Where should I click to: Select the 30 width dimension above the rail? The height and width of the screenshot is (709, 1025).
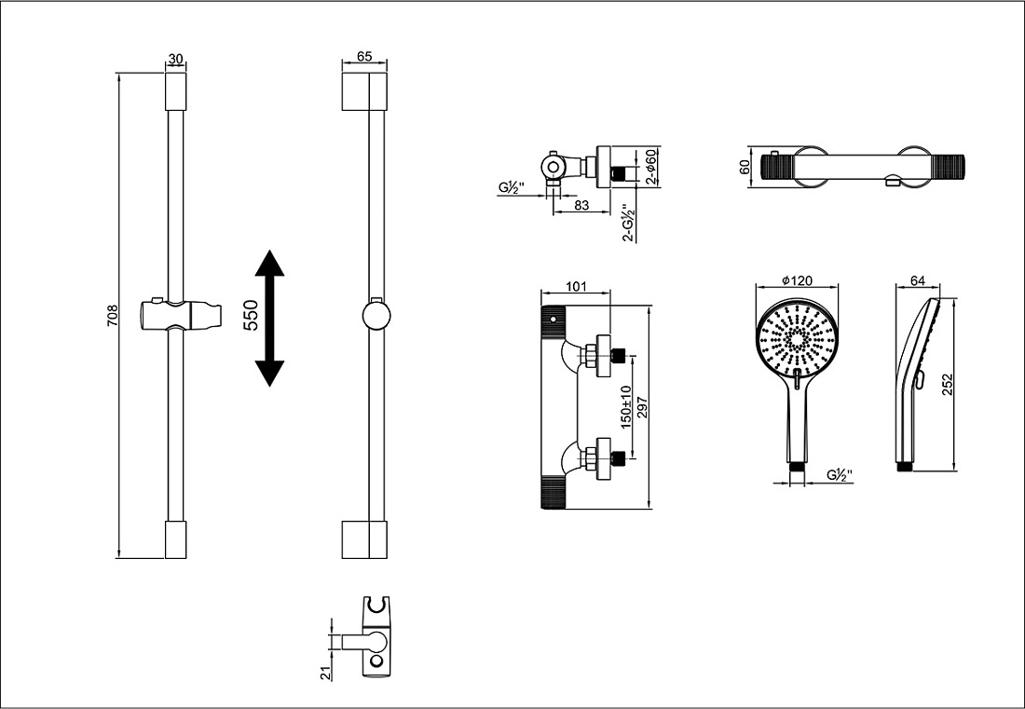[175, 58]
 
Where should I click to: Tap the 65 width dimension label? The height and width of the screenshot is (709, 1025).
[364, 58]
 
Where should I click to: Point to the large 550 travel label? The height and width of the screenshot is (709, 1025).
[251, 318]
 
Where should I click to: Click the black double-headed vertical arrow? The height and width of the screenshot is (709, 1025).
[269, 318]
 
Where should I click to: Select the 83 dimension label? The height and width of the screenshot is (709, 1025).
[581, 206]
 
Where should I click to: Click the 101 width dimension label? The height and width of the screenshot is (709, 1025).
[576, 286]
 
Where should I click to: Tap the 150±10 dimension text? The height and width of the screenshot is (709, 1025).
[626, 406]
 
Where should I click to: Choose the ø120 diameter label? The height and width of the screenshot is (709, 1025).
[799, 279]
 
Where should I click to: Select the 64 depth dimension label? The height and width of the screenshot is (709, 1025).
[917, 279]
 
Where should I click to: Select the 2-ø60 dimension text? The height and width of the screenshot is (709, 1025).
[652, 167]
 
